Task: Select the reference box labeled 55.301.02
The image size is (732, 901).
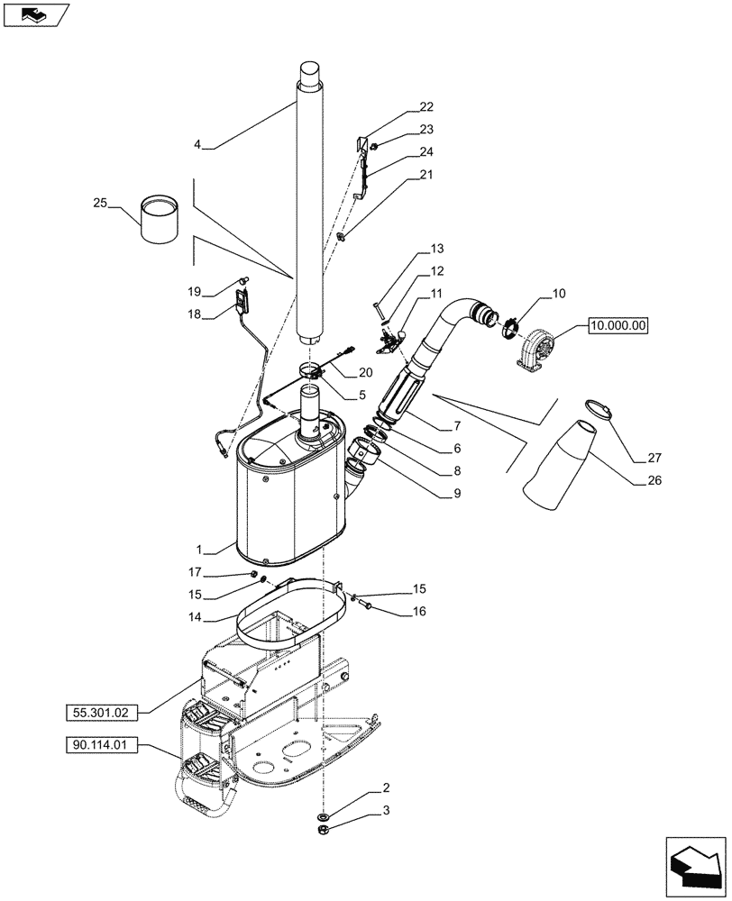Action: pos(101,712)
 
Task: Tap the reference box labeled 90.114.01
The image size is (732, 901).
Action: pos(101,745)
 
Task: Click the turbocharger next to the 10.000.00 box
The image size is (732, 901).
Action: pos(537,347)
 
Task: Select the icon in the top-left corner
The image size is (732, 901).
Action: pos(40,14)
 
